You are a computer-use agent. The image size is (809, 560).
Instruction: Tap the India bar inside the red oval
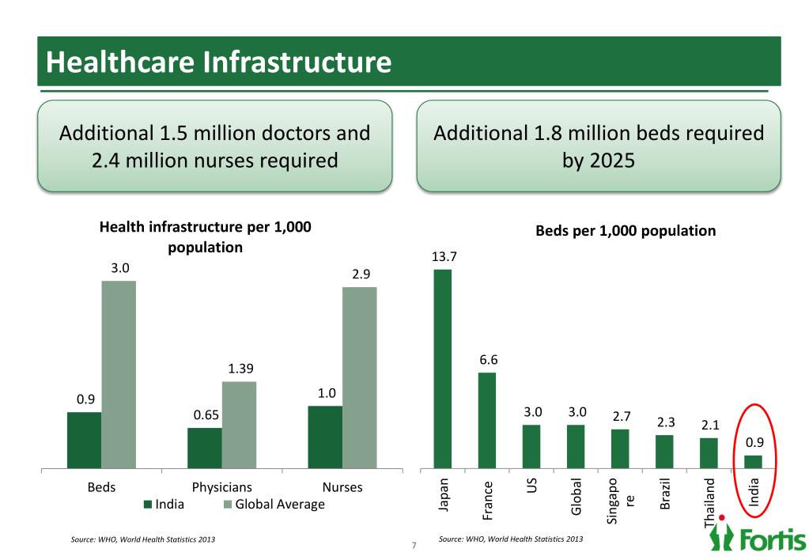754,462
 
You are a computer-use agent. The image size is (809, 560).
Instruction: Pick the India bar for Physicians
204,448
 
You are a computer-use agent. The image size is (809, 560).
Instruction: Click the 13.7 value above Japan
444,256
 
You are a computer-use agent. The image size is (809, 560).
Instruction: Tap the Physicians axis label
222,487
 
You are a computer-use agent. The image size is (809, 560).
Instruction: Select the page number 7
413,545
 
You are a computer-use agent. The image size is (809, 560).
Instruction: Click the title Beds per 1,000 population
626,231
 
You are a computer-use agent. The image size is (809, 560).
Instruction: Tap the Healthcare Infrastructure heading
218,62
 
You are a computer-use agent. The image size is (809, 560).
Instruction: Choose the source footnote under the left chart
142,539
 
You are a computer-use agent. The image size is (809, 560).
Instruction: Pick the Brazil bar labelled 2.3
664,452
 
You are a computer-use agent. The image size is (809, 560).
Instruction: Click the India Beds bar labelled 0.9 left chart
84,441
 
